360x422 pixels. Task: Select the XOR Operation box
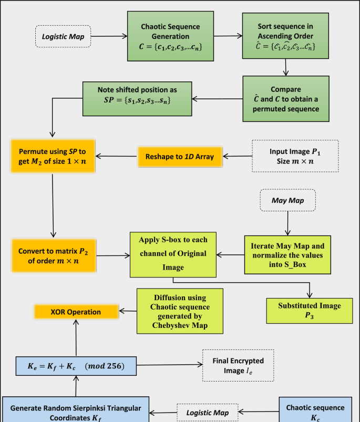coord(76,311)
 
